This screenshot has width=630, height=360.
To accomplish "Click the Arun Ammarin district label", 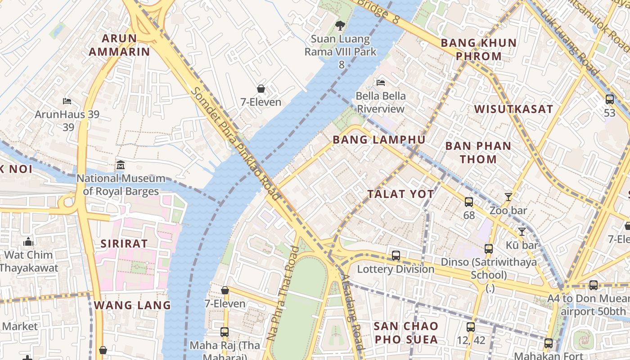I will coord(119,45).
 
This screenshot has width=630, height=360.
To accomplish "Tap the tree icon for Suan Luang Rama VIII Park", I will coord(340,26).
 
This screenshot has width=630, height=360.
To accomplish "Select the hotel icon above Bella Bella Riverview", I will coord(381,83).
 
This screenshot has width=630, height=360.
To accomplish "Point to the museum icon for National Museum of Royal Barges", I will coord(120,165).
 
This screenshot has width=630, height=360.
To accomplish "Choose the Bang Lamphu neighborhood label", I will coord(379,140).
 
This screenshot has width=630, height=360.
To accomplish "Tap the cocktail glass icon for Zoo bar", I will coord(508,197).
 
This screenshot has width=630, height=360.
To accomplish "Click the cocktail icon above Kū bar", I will coord(522,232).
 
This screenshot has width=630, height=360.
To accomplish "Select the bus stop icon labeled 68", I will coord(469,202).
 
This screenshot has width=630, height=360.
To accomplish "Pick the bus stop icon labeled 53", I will coord(609,99).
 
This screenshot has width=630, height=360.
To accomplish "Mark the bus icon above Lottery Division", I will coord(396,256).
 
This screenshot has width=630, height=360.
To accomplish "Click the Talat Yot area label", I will coord(400,194).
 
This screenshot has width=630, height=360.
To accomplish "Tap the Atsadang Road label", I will coord(352,312).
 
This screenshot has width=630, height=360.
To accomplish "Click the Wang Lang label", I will coord(132,305).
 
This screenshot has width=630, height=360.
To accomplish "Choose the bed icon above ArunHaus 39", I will coord(67,101).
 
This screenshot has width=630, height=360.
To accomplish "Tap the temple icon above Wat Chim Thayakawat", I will coord(28,242).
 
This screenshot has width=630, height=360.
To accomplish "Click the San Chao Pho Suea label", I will coord(406,333).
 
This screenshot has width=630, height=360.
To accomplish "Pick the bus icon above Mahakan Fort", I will coord(548,343).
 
